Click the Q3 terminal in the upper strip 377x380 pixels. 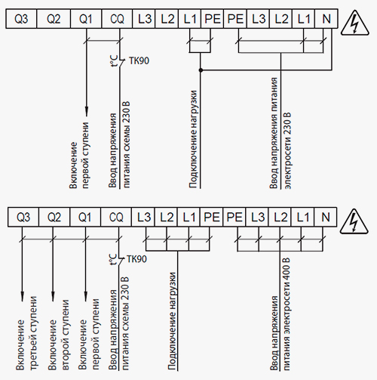pos(21,19)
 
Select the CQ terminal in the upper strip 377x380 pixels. pos(117,19)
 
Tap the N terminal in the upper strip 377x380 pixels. pos(326,19)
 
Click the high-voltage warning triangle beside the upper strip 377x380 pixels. pos(354,23)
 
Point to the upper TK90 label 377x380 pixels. pos(139,60)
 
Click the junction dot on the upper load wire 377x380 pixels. pos(201,70)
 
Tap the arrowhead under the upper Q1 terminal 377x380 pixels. pos(87,111)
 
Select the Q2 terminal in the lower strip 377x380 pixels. pos(54,217)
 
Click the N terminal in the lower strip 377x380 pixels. pos(326,217)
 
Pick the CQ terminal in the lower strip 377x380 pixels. pos(116,217)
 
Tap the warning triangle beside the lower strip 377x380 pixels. pos(354,221)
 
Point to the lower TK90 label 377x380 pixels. pos(137,259)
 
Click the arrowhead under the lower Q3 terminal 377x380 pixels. pos(22,296)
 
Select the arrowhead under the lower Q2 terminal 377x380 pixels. pos(53,296)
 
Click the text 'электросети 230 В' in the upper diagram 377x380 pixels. pos(287,150)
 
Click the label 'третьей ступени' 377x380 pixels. pos(34,333)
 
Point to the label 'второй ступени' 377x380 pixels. pos(66,335)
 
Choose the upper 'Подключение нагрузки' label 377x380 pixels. pos(193,139)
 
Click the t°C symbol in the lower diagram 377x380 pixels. pos(113,259)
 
